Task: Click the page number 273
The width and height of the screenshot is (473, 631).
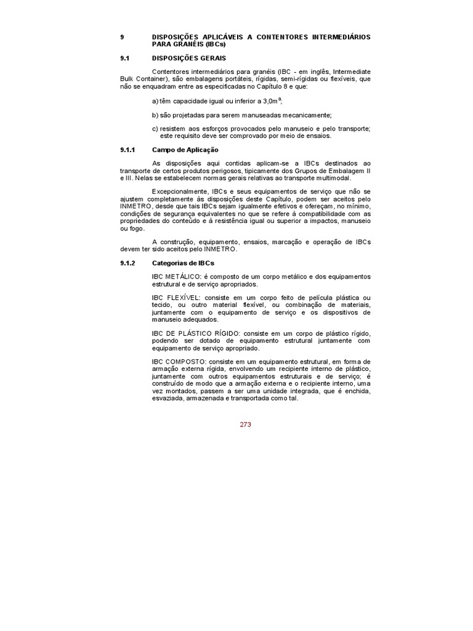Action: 246,424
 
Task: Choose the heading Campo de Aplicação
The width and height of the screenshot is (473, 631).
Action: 185,150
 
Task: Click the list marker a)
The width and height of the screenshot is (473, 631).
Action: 155,101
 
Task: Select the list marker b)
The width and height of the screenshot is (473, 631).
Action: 155,115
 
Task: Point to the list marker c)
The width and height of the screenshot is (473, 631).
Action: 155,129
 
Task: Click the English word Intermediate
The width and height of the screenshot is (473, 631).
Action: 348,71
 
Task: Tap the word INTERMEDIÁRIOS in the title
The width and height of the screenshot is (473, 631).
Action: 336,37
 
